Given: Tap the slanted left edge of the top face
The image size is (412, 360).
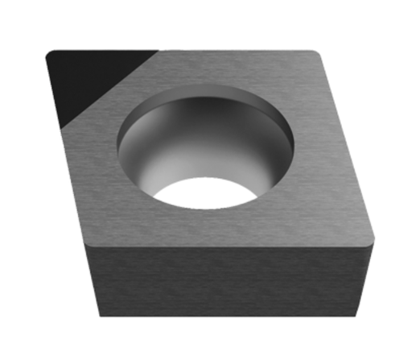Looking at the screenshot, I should [x=64, y=161].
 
